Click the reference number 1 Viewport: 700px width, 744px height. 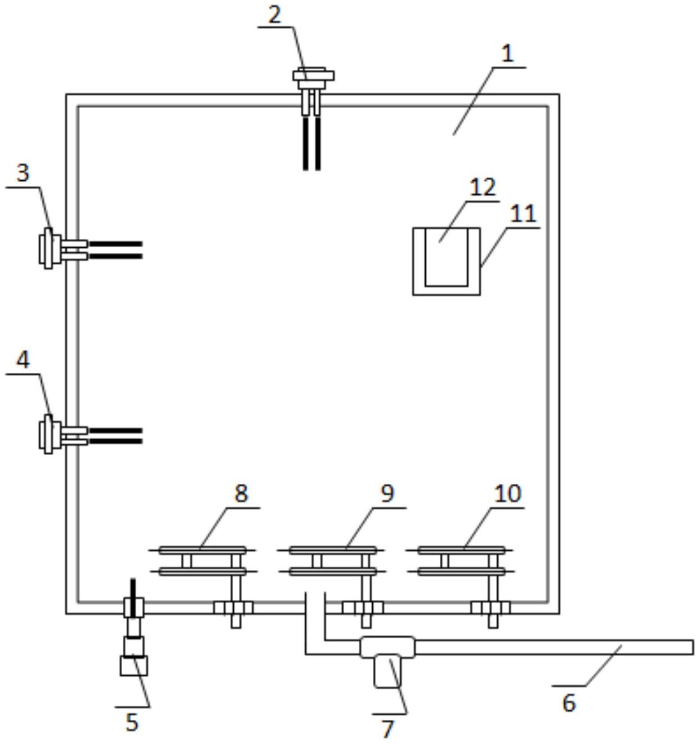(x=507, y=54)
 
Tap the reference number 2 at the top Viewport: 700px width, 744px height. (x=274, y=15)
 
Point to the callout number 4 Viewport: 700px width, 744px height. (x=23, y=360)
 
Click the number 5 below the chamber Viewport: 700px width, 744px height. (x=132, y=723)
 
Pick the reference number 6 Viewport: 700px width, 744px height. (x=569, y=703)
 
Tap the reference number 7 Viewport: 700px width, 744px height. (x=387, y=729)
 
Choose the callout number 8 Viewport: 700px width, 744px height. (x=241, y=494)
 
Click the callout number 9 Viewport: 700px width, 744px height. (x=387, y=494)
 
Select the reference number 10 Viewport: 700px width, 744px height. (x=507, y=494)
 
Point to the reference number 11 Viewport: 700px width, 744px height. (x=523, y=214)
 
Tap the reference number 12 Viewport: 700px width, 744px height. (x=483, y=187)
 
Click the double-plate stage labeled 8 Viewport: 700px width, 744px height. (x=202, y=560)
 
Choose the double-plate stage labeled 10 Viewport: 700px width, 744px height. (x=461, y=560)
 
